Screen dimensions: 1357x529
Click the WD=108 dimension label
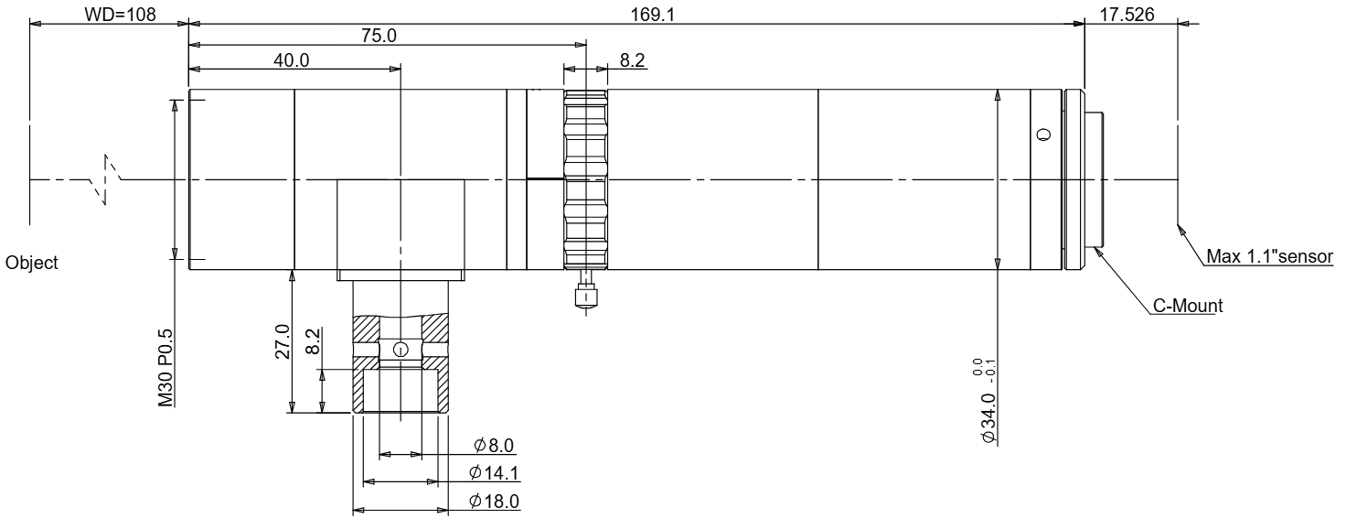coord(120,14)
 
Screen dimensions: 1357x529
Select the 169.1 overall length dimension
coord(653,14)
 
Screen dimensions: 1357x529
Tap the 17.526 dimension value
coord(1127,14)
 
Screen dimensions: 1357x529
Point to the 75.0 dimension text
coord(379,36)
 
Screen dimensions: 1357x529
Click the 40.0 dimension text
coord(292,60)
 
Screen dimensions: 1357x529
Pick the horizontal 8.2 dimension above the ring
coord(633,60)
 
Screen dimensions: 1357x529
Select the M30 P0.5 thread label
coord(166,368)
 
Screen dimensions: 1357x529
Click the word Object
coord(31,263)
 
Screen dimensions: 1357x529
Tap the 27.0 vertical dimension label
coord(283,341)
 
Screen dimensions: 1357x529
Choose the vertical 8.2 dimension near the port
coord(313,341)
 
